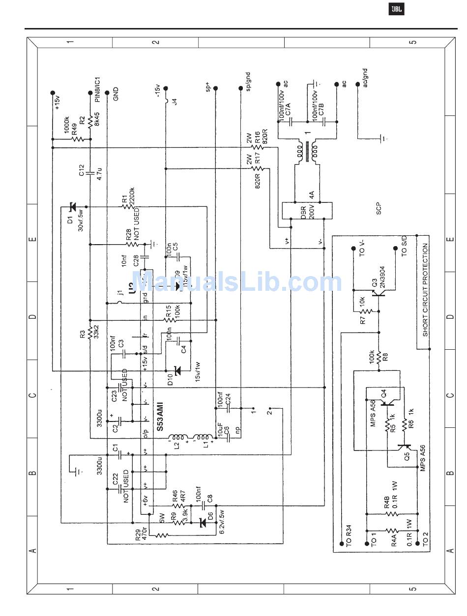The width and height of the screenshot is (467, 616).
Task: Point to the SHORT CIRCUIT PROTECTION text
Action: click(x=425, y=290)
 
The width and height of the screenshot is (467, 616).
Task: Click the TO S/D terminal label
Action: click(x=404, y=246)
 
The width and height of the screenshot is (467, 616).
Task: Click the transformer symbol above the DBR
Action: click(x=306, y=152)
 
